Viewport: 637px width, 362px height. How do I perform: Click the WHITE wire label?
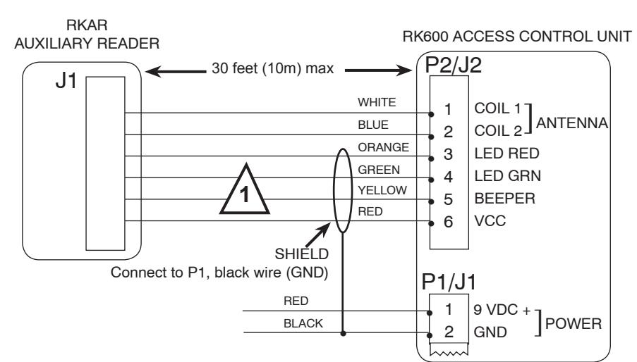pos(377,102)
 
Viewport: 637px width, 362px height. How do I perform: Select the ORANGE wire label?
pos(383,147)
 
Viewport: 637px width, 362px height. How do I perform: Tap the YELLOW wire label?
pos(382,190)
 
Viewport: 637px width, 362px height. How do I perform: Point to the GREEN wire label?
pos(379,170)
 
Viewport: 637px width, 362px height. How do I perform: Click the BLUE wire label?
pos(373,125)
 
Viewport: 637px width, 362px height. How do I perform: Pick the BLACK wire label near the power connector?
pos(303,323)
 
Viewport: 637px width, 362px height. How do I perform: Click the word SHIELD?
pos(302,254)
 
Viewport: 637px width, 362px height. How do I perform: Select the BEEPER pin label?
pos(504,199)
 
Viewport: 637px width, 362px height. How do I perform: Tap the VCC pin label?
pos(490,221)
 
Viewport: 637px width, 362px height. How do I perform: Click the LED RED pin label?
pos(506,154)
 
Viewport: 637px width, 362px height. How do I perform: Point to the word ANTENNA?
pos(572,123)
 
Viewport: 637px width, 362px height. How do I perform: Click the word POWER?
pos(574,323)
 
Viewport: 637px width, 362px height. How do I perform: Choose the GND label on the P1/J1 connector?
pos(490,332)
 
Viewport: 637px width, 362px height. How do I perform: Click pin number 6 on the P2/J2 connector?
pos(448,222)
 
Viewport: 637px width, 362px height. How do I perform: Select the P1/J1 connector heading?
pos(449,282)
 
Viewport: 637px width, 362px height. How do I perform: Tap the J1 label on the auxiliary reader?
pos(66,81)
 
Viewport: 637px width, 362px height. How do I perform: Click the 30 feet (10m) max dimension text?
pos(272,68)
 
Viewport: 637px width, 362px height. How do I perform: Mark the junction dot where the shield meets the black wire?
pos(344,334)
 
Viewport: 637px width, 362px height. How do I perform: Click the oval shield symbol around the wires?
pos(334,191)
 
